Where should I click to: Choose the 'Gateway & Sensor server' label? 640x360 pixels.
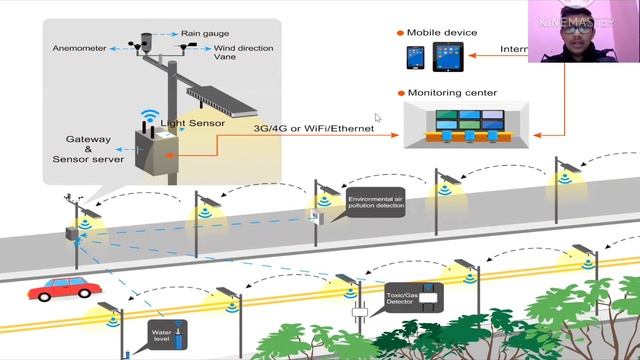tap(88, 148)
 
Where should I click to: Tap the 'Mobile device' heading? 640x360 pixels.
tap(444, 32)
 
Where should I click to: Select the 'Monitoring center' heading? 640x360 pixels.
tap(452, 92)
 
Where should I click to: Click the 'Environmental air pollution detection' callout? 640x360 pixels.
tap(375, 206)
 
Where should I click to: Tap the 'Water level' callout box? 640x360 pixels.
tap(162, 333)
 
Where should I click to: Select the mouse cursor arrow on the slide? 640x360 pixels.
tap(378, 118)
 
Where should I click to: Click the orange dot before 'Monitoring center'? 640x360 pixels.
tap(400, 93)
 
